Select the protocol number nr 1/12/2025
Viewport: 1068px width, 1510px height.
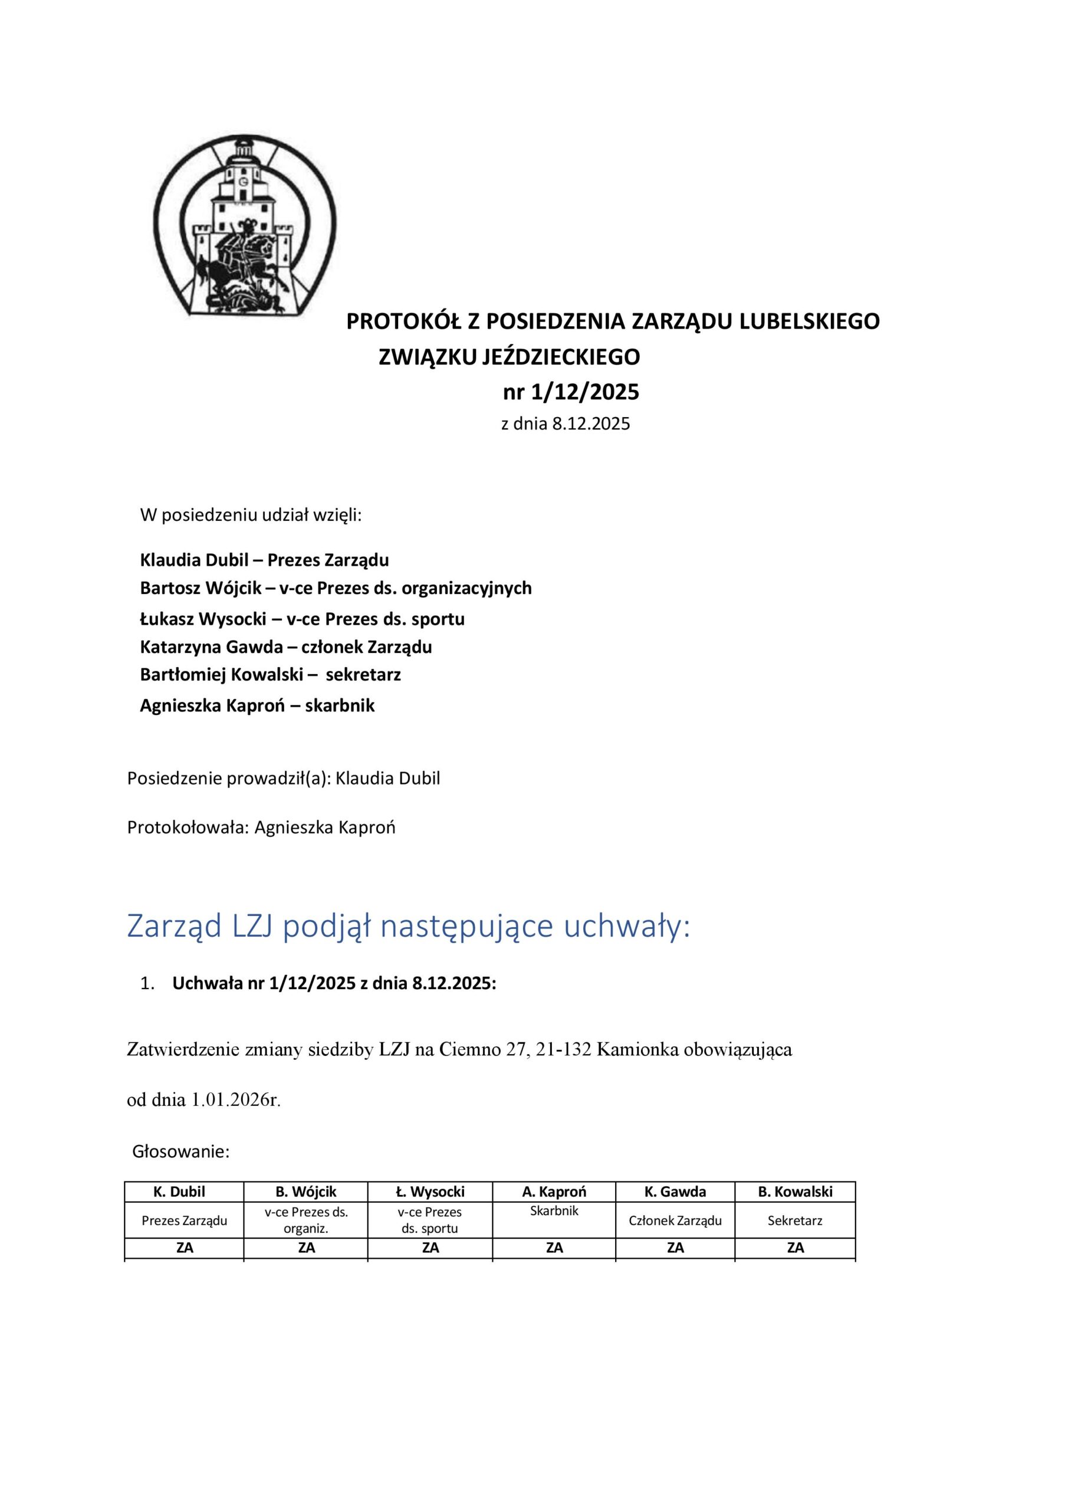click(570, 393)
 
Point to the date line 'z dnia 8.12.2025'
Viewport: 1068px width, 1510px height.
click(565, 424)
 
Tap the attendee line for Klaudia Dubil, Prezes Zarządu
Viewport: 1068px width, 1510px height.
click(264, 560)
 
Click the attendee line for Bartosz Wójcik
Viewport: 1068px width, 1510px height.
click(336, 588)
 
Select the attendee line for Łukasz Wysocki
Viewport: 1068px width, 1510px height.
click(302, 619)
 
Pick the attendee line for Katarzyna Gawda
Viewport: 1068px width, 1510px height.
click(285, 647)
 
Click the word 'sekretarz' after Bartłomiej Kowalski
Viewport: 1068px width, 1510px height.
click(363, 675)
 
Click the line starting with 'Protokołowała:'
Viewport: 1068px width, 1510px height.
click(261, 828)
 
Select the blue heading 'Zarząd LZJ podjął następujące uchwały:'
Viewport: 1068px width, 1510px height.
click(409, 927)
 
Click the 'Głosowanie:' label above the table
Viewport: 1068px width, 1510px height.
click(181, 1151)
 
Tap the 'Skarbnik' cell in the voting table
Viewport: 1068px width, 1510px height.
click(554, 1211)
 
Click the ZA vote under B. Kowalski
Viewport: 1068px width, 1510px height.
click(795, 1248)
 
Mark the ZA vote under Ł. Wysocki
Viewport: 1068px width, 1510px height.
click(430, 1248)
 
